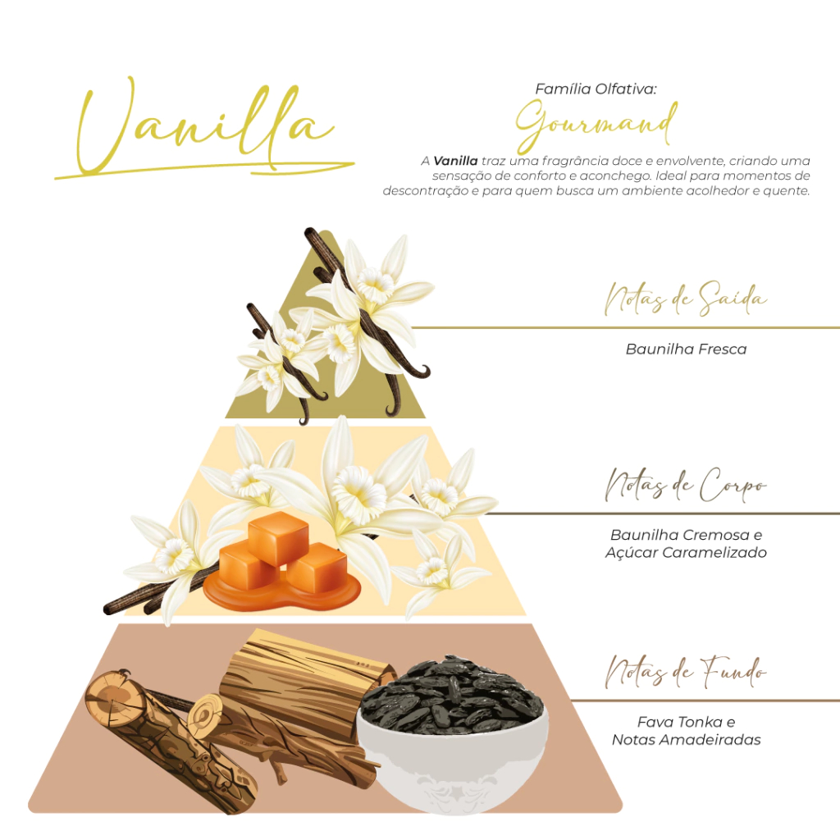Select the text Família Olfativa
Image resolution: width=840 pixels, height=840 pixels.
click(x=596, y=89)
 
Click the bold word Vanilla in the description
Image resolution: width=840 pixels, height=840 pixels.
click(x=455, y=161)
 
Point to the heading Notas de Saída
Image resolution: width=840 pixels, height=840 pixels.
click(x=686, y=298)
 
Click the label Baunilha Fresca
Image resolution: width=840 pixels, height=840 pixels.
click(x=686, y=349)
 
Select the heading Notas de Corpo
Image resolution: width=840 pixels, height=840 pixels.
click(x=686, y=485)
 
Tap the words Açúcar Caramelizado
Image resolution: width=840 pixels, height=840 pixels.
click(x=686, y=552)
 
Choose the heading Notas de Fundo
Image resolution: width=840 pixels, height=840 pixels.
click(x=686, y=673)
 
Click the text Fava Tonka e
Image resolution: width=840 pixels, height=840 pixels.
click(x=686, y=722)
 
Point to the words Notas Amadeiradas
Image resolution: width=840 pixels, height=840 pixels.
click(x=686, y=740)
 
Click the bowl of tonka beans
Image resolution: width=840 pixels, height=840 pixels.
click(x=453, y=734)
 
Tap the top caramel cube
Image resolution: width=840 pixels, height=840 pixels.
click(x=278, y=536)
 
